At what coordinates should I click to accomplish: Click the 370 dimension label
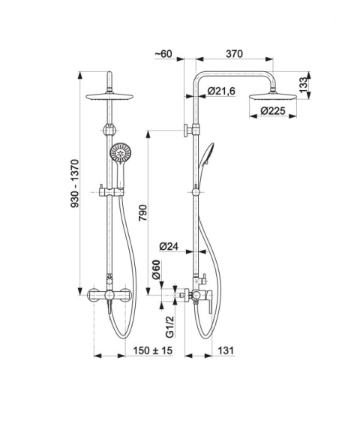[235, 53]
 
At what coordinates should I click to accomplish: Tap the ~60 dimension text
[164, 54]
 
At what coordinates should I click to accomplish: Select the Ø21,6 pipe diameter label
[222, 91]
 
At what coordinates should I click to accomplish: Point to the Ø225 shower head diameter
[273, 111]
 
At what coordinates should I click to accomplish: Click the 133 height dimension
[304, 85]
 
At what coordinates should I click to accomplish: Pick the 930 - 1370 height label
[75, 184]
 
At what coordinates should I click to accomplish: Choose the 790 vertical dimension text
[143, 213]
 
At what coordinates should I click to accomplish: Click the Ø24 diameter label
[169, 246]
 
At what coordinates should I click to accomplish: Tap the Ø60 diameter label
[156, 269]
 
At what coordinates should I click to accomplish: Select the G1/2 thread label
[169, 326]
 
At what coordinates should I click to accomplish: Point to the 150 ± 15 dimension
[153, 350]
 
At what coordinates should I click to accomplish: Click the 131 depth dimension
[226, 350]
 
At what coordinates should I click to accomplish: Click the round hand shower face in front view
[121, 153]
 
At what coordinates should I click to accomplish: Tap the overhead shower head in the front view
[109, 96]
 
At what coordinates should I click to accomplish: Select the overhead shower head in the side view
[273, 98]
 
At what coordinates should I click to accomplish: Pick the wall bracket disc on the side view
[185, 131]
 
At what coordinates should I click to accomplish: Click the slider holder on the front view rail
[111, 192]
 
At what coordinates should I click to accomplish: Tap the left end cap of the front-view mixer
[92, 295]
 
